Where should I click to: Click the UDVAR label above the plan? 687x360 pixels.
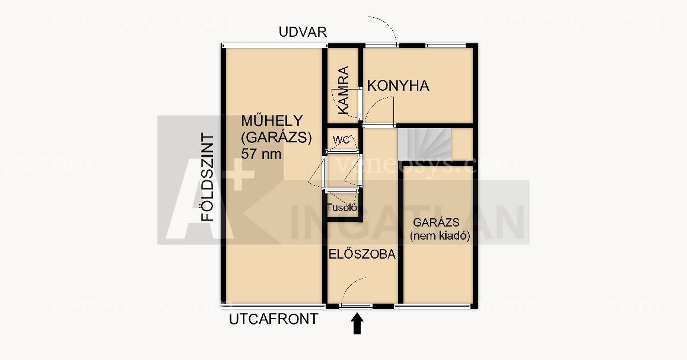coord(303,32)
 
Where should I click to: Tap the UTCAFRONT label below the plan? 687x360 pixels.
coord(273,319)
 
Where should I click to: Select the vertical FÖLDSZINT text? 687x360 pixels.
coord(207,177)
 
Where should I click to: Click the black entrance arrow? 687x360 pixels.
coord(357,324)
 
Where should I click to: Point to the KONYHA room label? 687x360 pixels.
coord(398,86)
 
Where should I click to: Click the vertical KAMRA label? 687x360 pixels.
coord(343,90)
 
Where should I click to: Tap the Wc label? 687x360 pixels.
coord(341,140)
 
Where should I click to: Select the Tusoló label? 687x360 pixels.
coord(342,208)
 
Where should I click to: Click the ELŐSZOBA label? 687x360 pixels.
coord(362,254)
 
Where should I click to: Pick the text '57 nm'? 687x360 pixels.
coord(261,154)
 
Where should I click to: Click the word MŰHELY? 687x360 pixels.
coord(272,120)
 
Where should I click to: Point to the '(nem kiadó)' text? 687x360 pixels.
coord(440,236)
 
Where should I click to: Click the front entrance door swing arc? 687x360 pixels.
coord(349,285)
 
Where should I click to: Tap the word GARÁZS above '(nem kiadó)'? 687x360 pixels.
coord(436,222)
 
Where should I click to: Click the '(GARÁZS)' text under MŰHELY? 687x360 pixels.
coord(276,138)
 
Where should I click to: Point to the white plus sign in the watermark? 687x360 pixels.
coord(237,175)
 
